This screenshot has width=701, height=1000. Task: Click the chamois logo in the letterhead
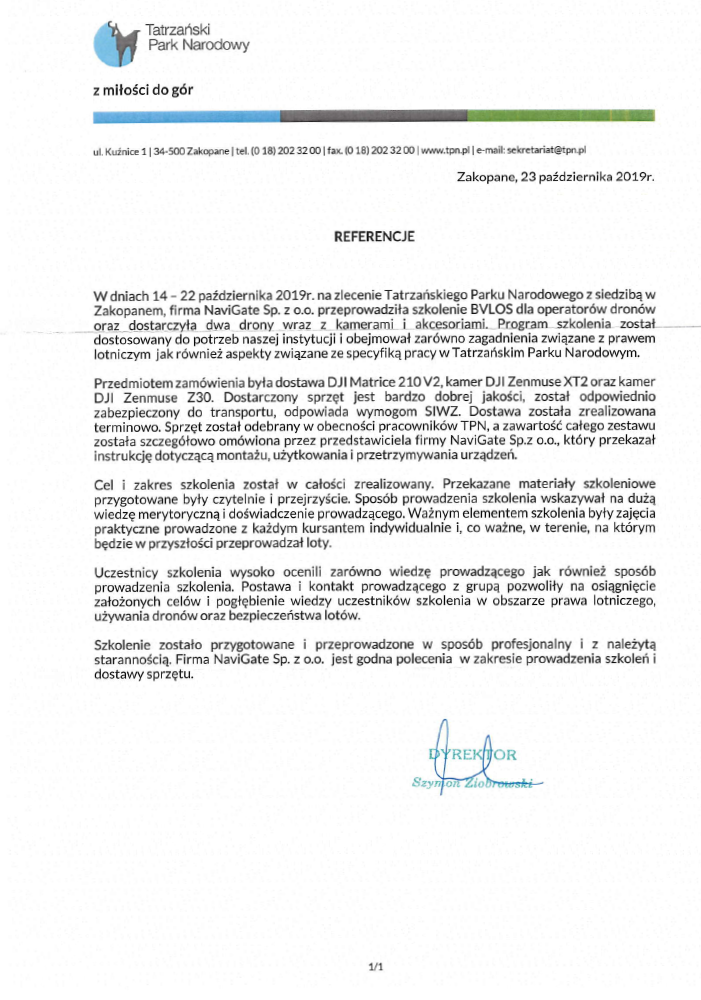pos(112,40)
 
